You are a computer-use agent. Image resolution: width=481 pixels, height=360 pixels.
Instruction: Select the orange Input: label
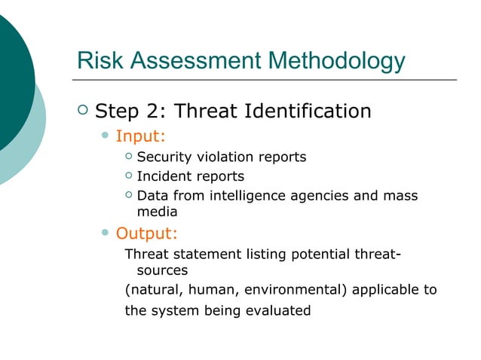140,136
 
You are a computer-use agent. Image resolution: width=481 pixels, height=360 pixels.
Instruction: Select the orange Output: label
146,233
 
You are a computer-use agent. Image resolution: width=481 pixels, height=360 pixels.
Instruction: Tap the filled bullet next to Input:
106,136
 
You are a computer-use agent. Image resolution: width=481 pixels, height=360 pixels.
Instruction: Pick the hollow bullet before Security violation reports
128,157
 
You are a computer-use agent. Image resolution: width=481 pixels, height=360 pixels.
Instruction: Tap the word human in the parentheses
210,290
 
